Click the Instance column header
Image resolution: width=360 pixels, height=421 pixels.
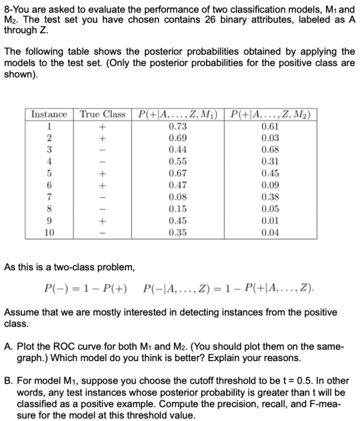50,115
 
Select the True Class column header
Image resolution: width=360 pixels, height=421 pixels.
103,115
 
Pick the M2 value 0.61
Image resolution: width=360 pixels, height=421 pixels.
271,126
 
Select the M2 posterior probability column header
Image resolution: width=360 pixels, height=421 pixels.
271,115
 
